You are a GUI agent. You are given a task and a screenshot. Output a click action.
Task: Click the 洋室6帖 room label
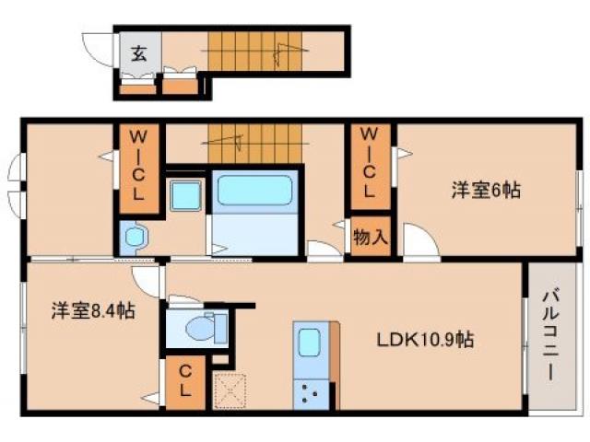tap(486, 191)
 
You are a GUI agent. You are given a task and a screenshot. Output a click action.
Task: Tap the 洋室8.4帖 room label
tap(92, 311)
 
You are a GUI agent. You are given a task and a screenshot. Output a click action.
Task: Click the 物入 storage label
tap(370, 236)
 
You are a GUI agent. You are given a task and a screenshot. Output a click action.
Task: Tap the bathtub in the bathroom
tap(254, 192)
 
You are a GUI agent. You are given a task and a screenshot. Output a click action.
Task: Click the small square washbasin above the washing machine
tap(185, 193)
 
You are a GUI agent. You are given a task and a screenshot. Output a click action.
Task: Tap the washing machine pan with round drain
tap(135, 238)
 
